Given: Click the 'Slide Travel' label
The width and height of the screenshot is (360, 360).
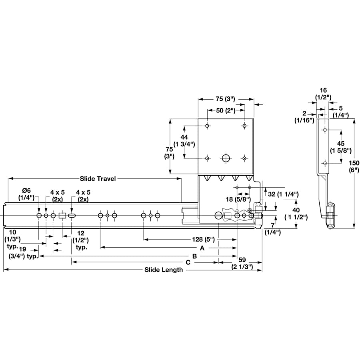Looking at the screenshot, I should pos(98,179).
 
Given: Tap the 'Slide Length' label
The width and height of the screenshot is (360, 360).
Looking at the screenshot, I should pos(164,270).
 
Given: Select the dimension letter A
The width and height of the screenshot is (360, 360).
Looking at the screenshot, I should pos(202,248).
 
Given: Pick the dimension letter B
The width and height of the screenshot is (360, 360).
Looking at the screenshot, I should pos(194,256).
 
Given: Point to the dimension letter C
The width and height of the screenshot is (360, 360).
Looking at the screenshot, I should pos(188,262).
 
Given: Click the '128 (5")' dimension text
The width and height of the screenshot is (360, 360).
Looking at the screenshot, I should pos(203,240).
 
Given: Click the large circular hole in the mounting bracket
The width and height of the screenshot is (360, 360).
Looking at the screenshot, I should pos(226,158).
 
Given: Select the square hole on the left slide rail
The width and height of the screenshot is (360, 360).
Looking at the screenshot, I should pos(62,216).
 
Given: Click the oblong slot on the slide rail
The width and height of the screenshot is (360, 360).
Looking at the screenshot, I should pos(72,216).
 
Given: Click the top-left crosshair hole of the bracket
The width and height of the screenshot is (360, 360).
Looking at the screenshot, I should pos(207,126).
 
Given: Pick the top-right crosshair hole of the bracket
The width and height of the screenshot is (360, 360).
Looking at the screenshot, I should pos(244,126).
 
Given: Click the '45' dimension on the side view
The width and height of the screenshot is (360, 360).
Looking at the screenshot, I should pos(341,144).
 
